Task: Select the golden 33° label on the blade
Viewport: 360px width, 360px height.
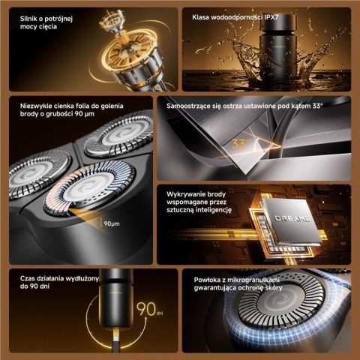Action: (x=241, y=144)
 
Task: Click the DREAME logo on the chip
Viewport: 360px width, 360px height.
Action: (x=292, y=218)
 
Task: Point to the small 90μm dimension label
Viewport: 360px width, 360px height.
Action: (x=112, y=223)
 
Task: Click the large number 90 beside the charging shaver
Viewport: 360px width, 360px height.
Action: (x=146, y=309)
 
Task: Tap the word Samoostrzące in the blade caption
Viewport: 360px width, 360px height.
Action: (x=189, y=106)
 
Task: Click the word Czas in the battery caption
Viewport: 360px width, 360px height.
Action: (x=27, y=278)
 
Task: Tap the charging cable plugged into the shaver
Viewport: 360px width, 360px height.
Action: (x=115, y=340)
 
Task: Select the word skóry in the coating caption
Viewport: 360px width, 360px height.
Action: (x=274, y=288)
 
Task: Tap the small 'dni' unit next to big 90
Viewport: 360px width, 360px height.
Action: (x=160, y=313)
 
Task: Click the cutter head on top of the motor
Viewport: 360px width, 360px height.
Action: (x=112, y=22)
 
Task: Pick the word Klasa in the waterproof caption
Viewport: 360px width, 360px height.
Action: (x=200, y=17)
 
